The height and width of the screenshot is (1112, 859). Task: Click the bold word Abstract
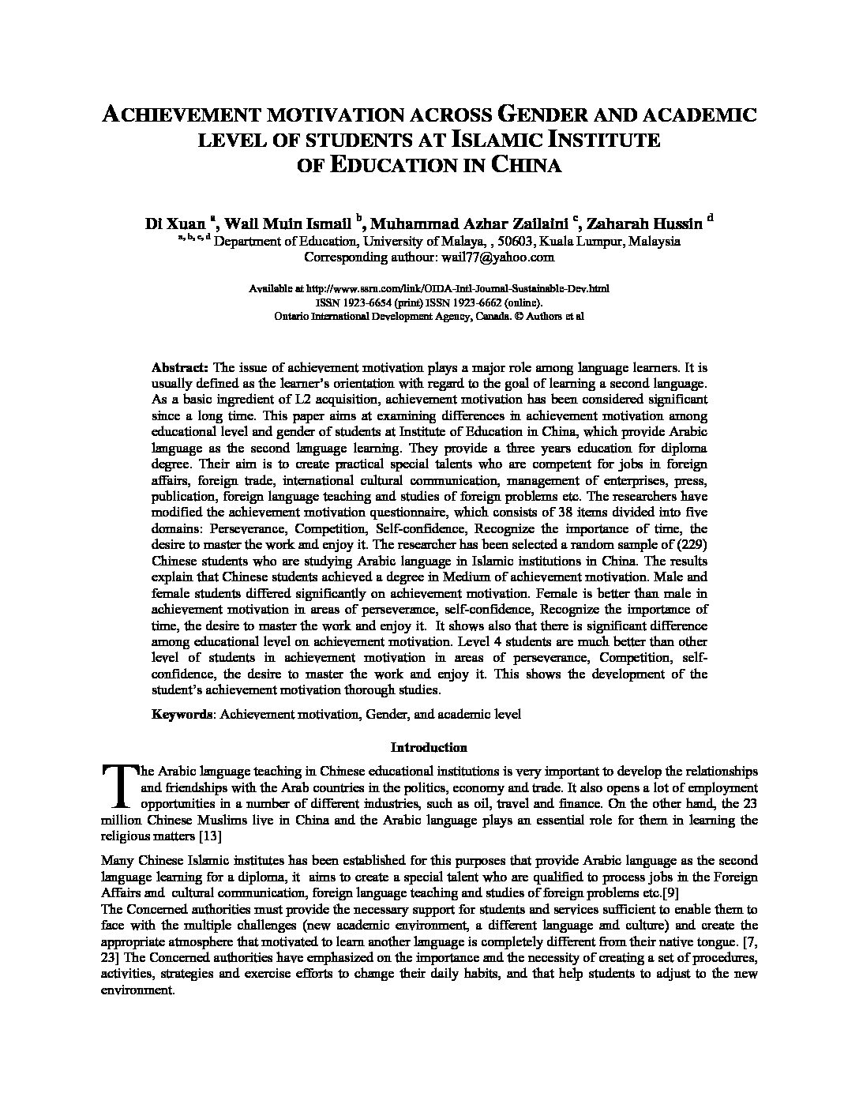click(x=179, y=367)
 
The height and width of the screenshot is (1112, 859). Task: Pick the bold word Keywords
click(x=182, y=715)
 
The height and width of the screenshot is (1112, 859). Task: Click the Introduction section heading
click(x=429, y=747)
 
